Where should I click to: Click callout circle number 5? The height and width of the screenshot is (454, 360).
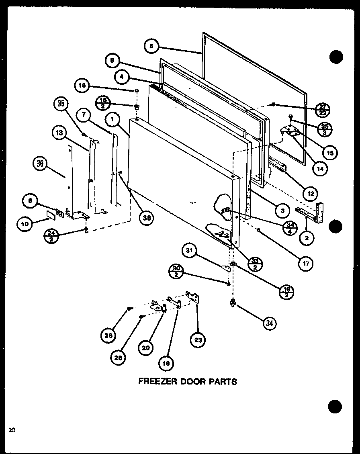[x=151, y=47]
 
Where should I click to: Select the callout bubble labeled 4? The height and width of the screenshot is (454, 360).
[x=121, y=76]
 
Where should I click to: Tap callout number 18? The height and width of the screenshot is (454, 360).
[x=82, y=86]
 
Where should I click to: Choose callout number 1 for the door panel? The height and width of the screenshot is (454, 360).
[x=113, y=119]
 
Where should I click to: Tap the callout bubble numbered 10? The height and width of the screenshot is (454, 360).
[x=25, y=224]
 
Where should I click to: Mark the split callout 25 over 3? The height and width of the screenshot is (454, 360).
[x=324, y=129]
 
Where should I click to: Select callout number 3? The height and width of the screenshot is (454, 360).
[x=282, y=210]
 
